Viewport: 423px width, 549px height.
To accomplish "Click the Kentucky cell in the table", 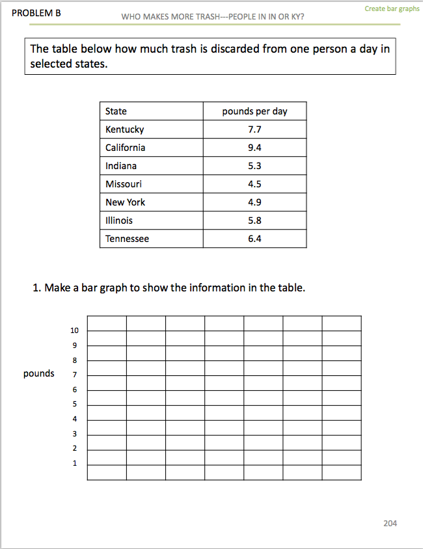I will point(125,129).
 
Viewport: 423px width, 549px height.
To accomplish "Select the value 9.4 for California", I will point(254,148).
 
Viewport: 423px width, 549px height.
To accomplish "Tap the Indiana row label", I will point(121,166).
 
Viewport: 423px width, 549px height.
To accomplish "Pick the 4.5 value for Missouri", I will point(254,184).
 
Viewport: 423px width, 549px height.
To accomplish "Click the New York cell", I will point(126,202).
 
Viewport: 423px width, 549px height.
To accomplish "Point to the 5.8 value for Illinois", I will point(254,221).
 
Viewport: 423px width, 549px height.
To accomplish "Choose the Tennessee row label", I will point(128,239).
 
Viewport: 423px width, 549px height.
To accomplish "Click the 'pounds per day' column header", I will point(254,111).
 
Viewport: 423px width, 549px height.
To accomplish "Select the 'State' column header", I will point(116,111).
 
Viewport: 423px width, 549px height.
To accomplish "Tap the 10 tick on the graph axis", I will point(75,330).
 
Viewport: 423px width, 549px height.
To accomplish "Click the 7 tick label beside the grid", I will point(75,375).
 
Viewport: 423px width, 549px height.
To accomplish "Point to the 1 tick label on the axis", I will point(75,463).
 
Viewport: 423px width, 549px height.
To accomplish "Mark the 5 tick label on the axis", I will point(75,404).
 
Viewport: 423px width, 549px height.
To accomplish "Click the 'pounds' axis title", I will point(39,373).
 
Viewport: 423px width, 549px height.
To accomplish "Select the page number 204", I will point(390,523).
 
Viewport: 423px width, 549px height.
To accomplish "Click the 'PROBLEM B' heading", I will point(36,12).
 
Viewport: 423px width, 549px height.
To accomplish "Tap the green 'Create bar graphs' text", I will point(392,9).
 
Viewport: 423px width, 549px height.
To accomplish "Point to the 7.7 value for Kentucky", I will point(254,129).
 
